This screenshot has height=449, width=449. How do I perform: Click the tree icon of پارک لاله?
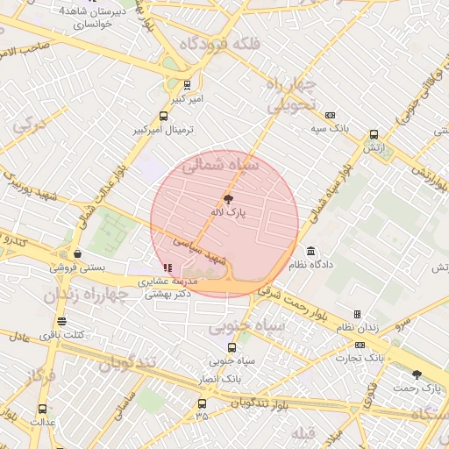click(229, 199)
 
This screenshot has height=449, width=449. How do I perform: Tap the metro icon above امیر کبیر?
click(186, 85)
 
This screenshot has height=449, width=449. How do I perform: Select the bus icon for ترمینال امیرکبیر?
click(163, 116)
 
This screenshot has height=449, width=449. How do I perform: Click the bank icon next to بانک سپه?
click(330, 115)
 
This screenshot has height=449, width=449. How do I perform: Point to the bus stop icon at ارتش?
click(374, 135)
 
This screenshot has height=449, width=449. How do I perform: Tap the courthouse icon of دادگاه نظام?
click(311, 250)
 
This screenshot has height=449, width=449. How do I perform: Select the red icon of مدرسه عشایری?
click(167, 267)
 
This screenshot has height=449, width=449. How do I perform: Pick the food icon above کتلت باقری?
click(61, 321)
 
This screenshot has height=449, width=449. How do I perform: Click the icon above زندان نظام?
click(357, 314)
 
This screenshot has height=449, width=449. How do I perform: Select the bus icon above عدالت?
click(42, 409)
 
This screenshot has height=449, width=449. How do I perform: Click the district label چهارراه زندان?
click(86, 295)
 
